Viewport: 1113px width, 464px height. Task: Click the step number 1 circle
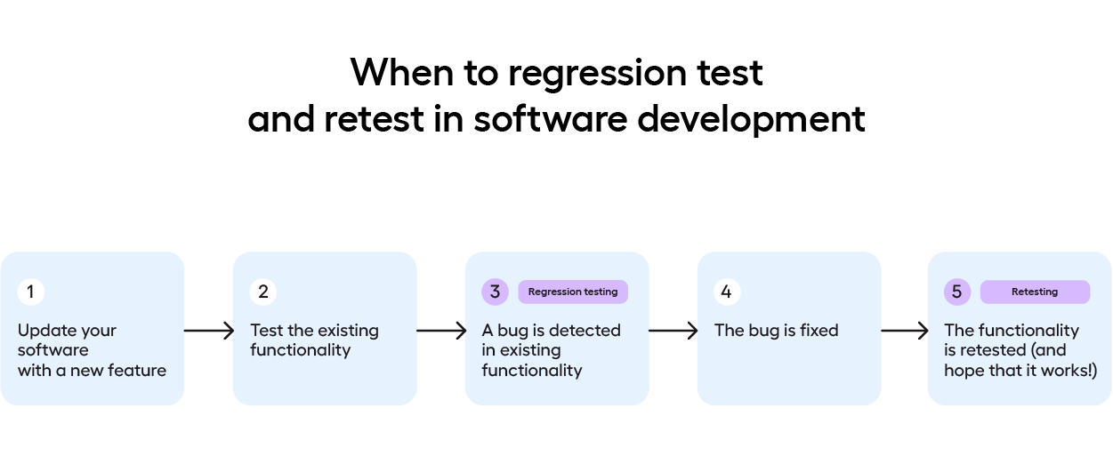click(30, 292)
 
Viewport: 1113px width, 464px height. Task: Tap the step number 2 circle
click(263, 292)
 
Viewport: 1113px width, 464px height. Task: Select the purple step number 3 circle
click(496, 292)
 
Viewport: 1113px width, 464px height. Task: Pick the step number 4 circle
click(727, 292)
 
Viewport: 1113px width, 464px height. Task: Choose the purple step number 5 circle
click(957, 292)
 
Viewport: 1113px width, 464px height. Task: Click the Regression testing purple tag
click(573, 292)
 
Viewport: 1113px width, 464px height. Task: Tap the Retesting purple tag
click(1035, 292)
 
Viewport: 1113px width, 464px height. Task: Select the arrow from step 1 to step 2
click(208, 331)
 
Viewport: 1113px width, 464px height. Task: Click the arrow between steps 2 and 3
click(441, 331)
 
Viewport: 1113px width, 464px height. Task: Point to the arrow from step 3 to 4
click(673, 331)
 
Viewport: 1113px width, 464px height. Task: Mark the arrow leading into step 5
click(905, 331)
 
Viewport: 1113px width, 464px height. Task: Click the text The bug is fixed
click(776, 331)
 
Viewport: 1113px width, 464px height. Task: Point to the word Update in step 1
click(44, 331)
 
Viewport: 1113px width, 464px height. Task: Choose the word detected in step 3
click(584, 331)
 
